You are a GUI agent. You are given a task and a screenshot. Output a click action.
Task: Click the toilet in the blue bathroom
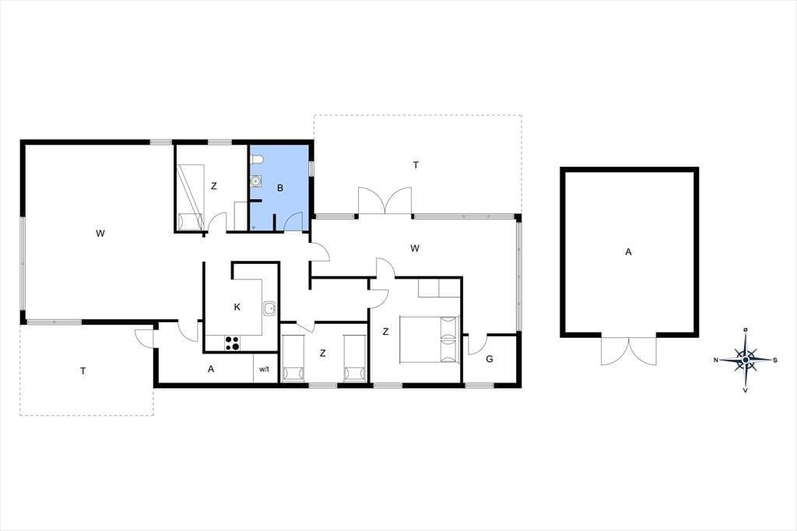tap(257, 160)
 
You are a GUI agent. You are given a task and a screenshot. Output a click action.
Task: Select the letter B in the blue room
tap(280, 188)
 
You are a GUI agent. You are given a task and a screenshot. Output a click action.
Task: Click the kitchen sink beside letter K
tap(269, 308)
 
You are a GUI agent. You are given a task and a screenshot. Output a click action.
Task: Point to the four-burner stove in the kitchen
tap(232, 343)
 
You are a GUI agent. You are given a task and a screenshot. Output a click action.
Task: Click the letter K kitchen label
tap(237, 308)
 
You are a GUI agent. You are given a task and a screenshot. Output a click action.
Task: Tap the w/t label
tap(264, 369)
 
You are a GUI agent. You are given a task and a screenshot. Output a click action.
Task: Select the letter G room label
tap(490, 359)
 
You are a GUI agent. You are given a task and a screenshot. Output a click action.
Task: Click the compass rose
tap(745, 360)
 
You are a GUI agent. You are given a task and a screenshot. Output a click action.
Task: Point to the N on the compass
tap(716, 360)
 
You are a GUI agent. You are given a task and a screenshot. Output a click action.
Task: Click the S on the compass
tap(775, 360)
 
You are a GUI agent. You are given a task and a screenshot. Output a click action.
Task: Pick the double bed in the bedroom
tap(430, 339)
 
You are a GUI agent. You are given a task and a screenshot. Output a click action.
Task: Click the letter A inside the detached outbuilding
tap(628, 251)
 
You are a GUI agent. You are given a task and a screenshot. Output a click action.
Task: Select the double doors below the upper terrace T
tap(384, 201)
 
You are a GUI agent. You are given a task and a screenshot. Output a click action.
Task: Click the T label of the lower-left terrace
tap(83, 371)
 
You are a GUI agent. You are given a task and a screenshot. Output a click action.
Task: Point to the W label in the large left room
tap(100, 234)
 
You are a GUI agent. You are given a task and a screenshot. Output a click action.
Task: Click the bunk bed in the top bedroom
tap(191, 197)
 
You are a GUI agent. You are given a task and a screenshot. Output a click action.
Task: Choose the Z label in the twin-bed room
tap(323, 353)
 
